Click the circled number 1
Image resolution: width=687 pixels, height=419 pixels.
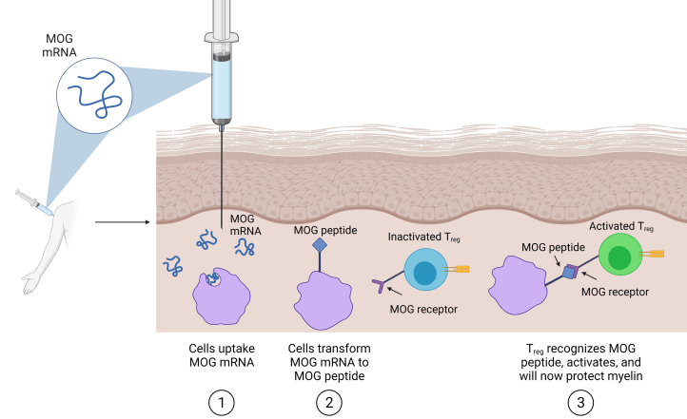pos(221,401)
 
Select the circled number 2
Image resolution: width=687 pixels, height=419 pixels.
pos(328,401)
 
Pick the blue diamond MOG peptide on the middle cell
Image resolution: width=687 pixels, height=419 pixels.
pos(321,244)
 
